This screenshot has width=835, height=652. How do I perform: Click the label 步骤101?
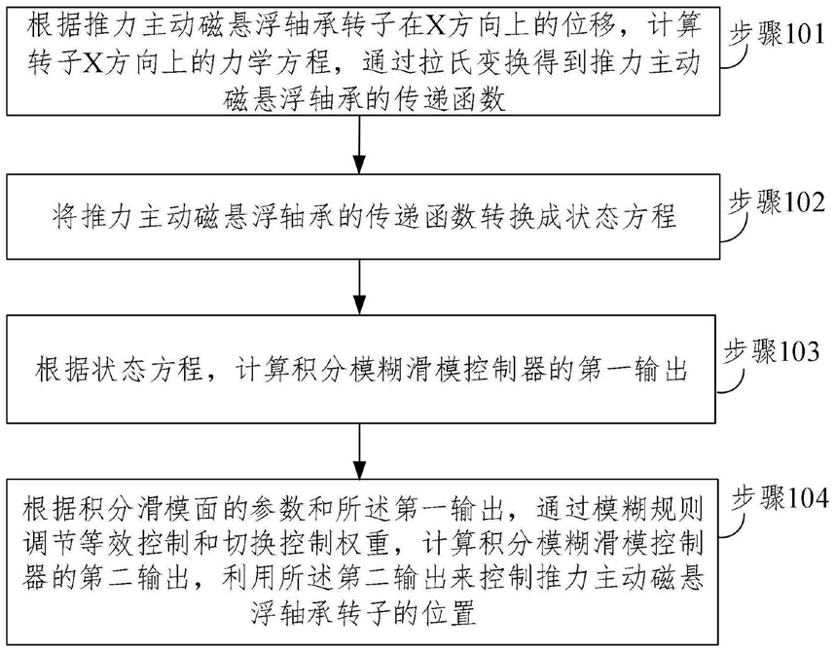click(778, 35)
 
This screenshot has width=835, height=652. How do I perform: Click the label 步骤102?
click(778, 203)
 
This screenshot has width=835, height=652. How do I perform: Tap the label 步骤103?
click(772, 352)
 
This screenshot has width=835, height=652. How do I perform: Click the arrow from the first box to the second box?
click(360, 144)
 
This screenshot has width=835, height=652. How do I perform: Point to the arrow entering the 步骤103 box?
click(360, 287)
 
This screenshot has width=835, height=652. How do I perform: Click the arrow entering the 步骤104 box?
click(360, 452)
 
